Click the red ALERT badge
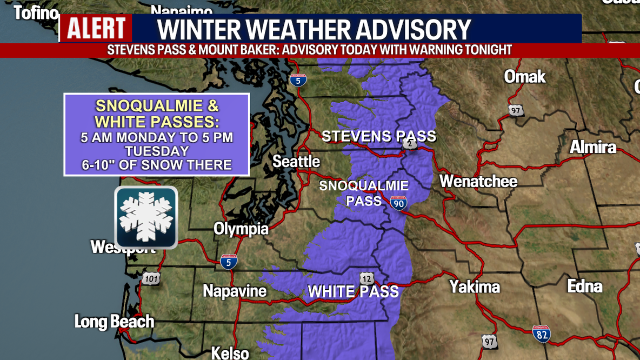[x=96, y=29]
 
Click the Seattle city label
[x=296, y=162]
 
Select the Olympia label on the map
[x=241, y=229]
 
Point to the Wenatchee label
[x=478, y=181]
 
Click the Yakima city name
[x=475, y=286]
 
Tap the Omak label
[x=525, y=77]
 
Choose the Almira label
[x=593, y=147]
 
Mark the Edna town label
[x=585, y=286]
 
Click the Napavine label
[x=235, y=291]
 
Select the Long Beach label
[x=114, y=322]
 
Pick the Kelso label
[x=230, y=353]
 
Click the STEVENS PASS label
[x=378, y=136]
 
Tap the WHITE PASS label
[x=353, y=292]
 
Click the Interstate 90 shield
[x=399, y=203]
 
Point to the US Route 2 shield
[x=410, y=144]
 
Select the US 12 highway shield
[x=367, y=278]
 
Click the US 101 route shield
[x=151, y=279]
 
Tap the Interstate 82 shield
[x=542, y=334]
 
